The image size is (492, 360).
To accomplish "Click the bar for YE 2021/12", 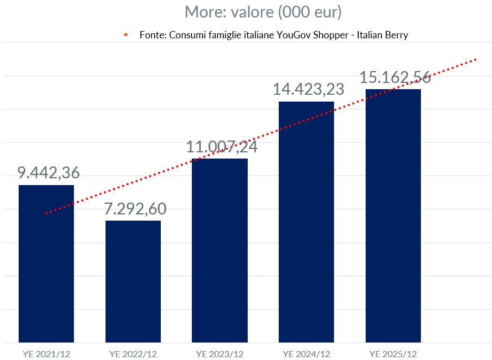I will point(46,264).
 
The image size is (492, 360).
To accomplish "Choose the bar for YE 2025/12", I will point(393,216).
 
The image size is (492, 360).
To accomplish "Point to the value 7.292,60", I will point(135,209).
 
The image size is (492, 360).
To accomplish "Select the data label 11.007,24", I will point(222,147).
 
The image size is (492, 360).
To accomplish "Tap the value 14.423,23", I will point(308,89).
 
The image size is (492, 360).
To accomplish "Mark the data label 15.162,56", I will point(395,77).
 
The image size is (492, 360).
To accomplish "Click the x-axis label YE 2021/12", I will point(46,354).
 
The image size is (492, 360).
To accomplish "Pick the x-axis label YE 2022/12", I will point(133,354).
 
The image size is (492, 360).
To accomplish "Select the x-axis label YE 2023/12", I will point(219,354).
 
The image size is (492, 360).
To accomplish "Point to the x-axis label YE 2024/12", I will point(306,354).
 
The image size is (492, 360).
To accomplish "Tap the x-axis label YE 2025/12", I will point(393,354).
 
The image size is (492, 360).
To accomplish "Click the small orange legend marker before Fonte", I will point(126,35).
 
